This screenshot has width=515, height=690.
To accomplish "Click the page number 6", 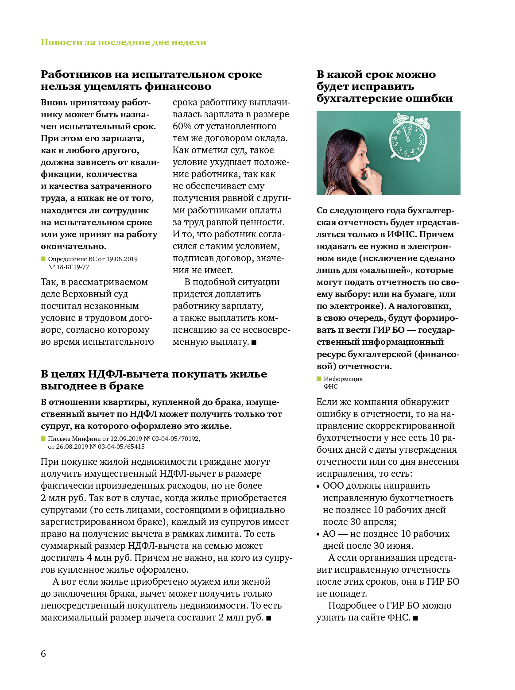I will [x=43, y=653].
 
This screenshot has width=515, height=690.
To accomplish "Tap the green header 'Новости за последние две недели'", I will [x=124, y=42].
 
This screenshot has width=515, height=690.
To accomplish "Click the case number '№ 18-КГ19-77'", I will [x=69, y=267].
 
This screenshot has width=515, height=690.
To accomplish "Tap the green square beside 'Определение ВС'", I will [x=43, y=258].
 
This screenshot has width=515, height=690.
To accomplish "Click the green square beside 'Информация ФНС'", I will [x=319, y=379].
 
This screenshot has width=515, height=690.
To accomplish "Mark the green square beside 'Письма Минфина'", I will [x=43, y=439].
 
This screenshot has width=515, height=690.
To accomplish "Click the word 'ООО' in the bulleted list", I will [x=333, y=486].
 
